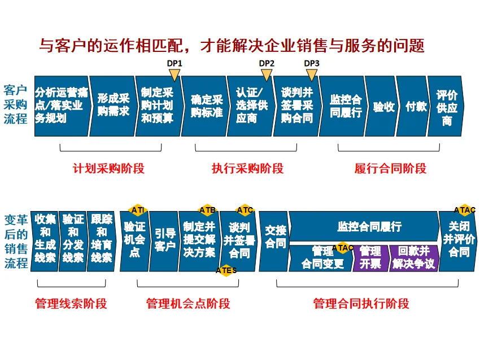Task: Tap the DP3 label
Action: click(x=312, y=63)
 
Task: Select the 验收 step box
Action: click(x=383, y=106)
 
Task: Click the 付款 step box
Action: click(x=415, y=106)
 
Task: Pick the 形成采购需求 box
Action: click(x=113, y=106)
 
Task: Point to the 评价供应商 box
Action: click(x=447, y=106)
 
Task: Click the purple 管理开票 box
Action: click(x=370, y=258)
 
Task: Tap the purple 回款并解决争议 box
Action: click(x=413, y=258)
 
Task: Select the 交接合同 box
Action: click(x=275, y=237)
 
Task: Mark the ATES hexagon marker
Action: click(x=226, y=270)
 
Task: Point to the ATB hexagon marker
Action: click(x=207, y=210)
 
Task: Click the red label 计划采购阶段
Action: click(x=108, y=168)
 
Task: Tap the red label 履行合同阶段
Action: click(x=390, y=168)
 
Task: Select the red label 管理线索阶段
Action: click(x=71, y=304)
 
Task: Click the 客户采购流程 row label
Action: click(x=15, y=104)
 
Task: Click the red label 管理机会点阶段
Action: click(x=188, y=304)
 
